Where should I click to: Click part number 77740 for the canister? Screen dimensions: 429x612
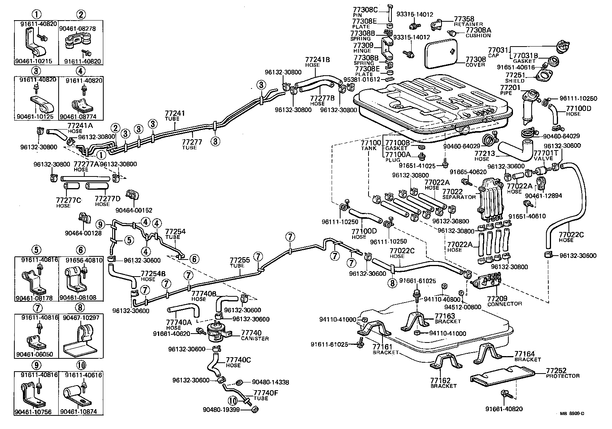(251, 333)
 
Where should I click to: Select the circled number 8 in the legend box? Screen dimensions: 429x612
(80, 308)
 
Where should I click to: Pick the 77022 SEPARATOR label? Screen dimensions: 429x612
(459, 194)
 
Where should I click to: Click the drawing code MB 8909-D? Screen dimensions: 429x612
(572, 413)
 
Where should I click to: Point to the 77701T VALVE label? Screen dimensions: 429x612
(546, 156)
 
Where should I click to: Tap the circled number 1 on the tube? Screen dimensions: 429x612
(101, 155)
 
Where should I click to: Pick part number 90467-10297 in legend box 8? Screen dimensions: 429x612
(81, 317)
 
